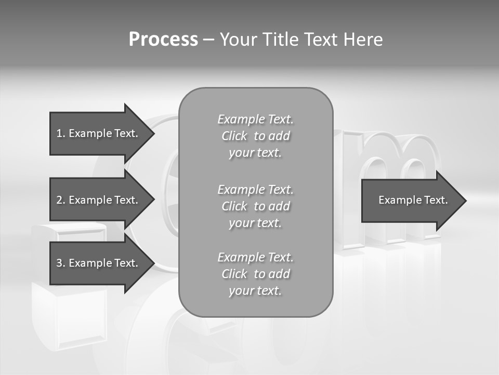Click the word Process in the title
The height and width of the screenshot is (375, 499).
coord(163,40)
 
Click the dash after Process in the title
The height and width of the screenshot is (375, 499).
coord(208,40)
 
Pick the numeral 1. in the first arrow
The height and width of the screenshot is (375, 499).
coord(61,133)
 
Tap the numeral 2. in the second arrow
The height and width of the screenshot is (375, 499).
coord(61,200)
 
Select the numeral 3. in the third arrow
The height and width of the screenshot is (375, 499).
coord(61,263)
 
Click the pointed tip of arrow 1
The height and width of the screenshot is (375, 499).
coord(154,133)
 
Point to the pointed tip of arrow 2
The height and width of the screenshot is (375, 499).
coord(154,199)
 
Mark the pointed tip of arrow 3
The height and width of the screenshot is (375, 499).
coord(154,263)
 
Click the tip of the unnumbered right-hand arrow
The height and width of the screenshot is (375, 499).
coord(466,201)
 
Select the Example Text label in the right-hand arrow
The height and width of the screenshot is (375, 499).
coord(413,200)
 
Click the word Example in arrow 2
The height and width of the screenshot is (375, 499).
coord(90,200)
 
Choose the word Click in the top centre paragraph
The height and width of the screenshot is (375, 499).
coord(234,136)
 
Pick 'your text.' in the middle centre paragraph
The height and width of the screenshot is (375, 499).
coord(255,223)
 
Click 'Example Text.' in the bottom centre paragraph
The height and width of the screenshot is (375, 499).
coord(255,257)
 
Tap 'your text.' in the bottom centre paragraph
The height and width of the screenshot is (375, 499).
coord(255,291)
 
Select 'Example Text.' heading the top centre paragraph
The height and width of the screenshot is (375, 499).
coord(255,119)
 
